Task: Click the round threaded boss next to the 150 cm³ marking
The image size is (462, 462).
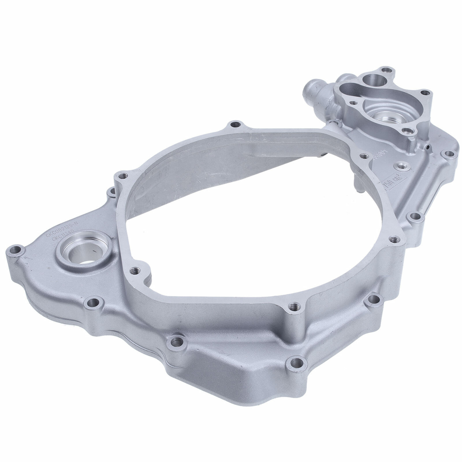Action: pos(401,165)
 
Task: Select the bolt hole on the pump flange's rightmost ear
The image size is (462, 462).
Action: pos(424,93)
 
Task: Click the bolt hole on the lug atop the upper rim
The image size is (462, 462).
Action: pos(234,125)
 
